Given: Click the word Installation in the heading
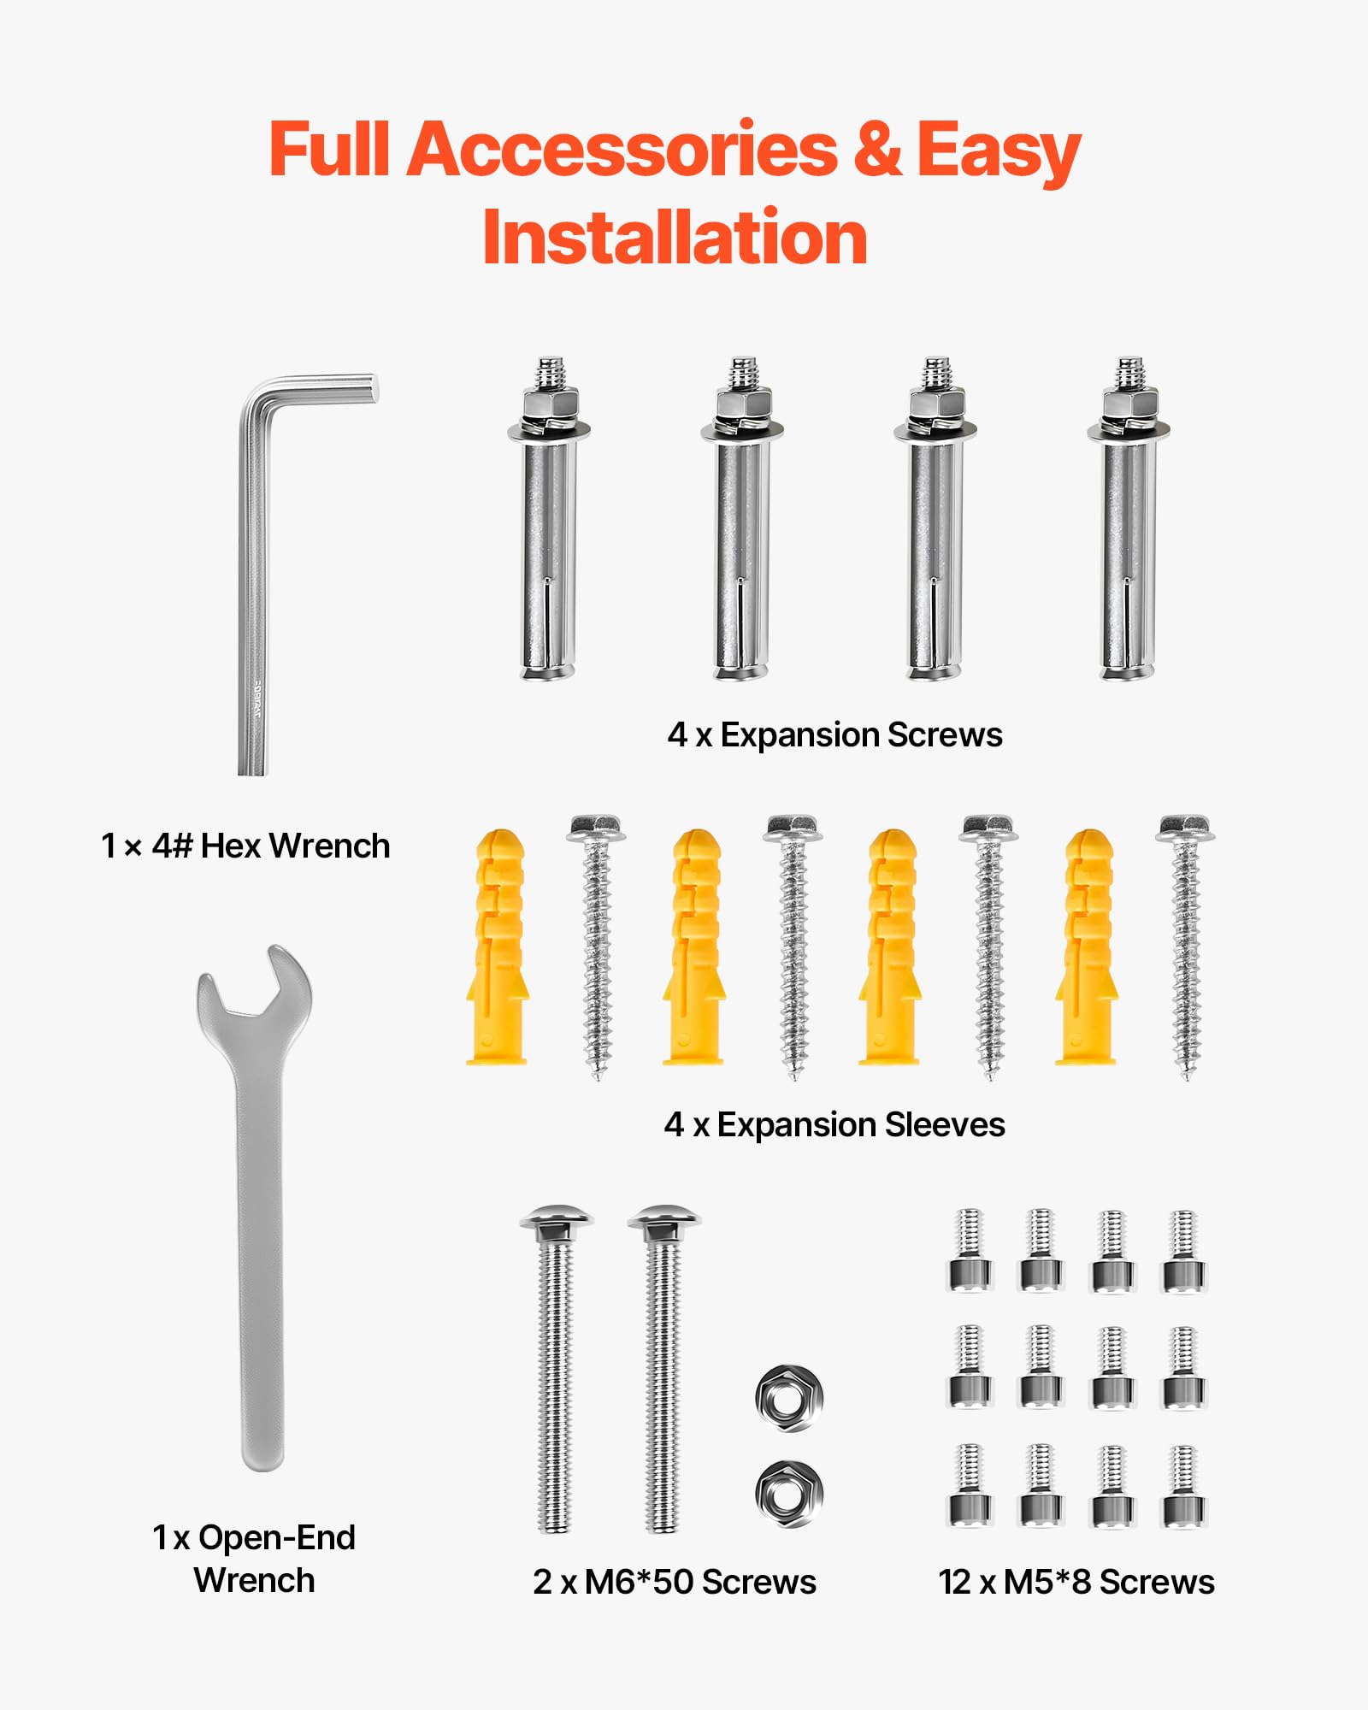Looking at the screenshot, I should tap(675, 238).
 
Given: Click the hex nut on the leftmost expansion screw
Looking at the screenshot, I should tap(550, 401).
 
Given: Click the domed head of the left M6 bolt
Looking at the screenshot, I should tap(556, 1218).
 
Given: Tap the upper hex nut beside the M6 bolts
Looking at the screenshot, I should tap(789, 1398).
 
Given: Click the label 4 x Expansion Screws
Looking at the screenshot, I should tap(834, 735).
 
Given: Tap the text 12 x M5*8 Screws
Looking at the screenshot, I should tap(1076, 1583).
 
